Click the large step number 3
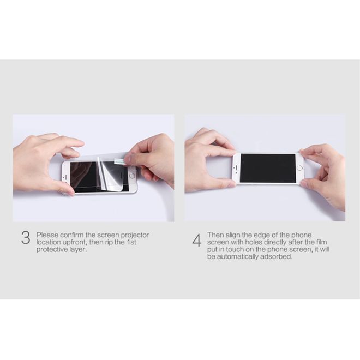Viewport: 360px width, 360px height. pyautogui.click(x=26, y=238)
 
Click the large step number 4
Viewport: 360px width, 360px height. pyautogui.click(x=196, y=241)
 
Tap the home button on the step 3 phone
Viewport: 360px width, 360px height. pyautogui.click(x=132, y=176)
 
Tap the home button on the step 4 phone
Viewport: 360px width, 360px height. pyautogui.click(x=299, y=168)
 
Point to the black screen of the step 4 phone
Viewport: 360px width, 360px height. pyautogui.click(x=268, y=169)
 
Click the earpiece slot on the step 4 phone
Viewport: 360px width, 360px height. pyautogui.click(x=236, y=168)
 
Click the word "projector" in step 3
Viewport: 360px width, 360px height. pyautogui.click(x=135, y=235)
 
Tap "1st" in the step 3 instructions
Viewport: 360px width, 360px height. pyautogui.click(x=131, y=242)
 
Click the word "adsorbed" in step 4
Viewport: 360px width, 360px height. pyautogui.click(x=277, y=256)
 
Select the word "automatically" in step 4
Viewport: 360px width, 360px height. pyautogui.click(x=238, y=256)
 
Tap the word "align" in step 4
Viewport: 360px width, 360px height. pyautogui.click(x=232, y=235)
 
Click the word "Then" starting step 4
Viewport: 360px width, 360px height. pyautogui.click(x=215, y=235)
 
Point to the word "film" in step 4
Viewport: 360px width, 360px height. pyautogui.click(x=322, y=242)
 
